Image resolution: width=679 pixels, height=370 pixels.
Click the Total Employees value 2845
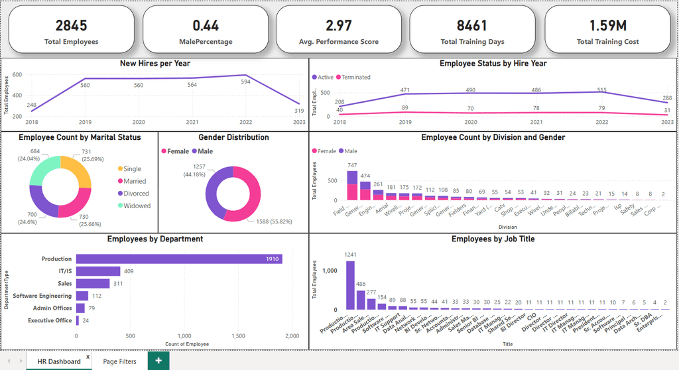point(71,26)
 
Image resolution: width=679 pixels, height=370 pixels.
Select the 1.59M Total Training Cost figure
point(607,26)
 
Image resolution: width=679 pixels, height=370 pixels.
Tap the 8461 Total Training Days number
point(472,26)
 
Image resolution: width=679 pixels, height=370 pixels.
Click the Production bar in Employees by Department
point(179,259)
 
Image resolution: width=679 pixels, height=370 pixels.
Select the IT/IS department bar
point(98,271)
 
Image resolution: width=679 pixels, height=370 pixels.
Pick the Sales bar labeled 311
point(92,283)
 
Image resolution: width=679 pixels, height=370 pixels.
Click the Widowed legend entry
point(137,206)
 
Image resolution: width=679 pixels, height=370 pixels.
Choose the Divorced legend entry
point(136,194)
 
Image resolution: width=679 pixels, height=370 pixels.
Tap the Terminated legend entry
point(357,77)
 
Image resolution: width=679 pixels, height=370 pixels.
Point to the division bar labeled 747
point(353,186)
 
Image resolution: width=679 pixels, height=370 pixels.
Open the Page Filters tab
point(119,361)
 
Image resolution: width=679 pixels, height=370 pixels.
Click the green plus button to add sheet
point(158,361)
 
